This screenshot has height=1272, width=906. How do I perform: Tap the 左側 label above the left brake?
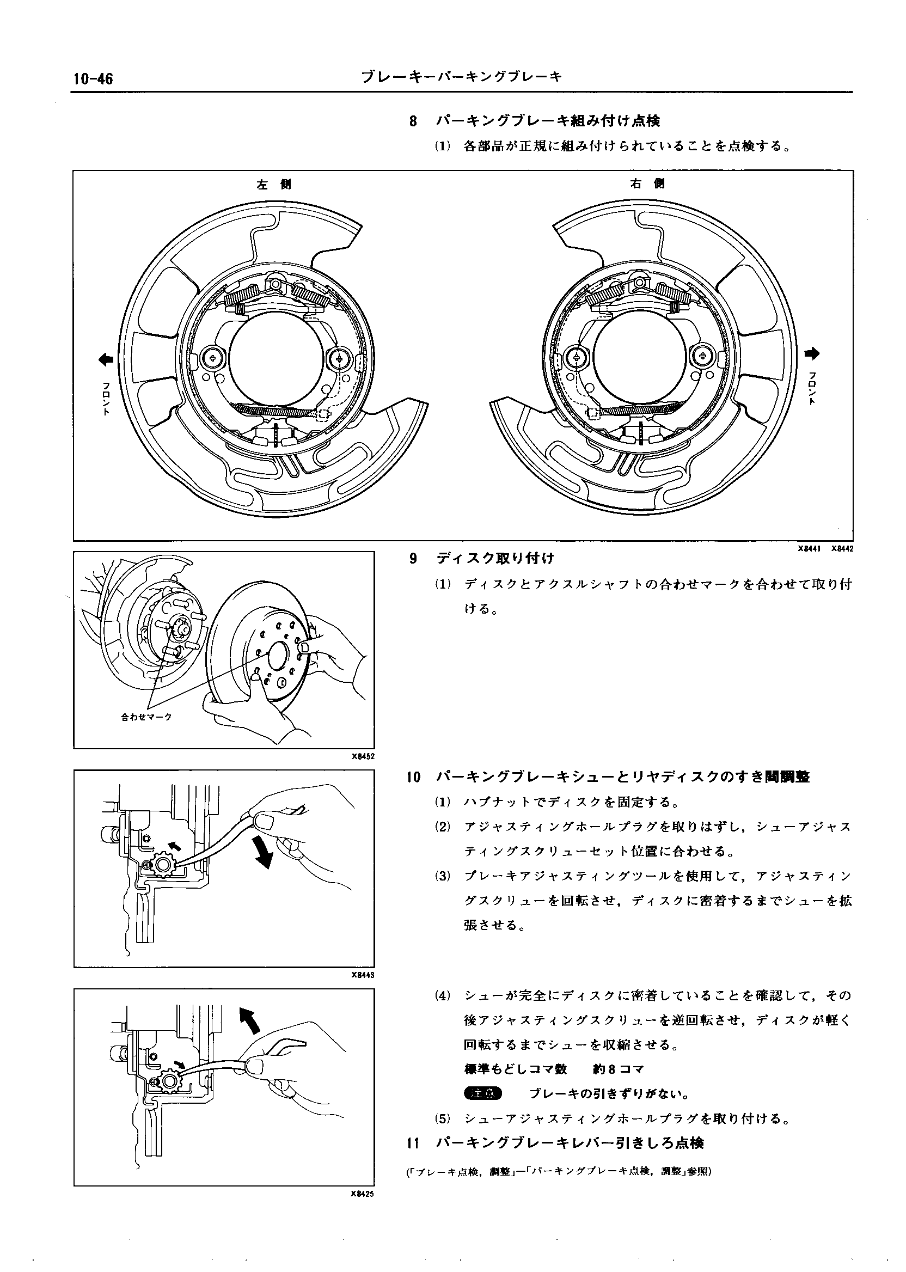pos(273,184)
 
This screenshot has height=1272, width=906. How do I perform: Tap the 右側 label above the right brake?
pos(647,184)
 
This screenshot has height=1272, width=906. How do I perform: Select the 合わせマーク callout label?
pos(146,717)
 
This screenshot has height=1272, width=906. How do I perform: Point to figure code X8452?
pos(363,756)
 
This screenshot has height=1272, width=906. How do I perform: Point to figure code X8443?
pos(363,975)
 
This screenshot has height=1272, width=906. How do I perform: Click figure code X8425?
pos(363,1195)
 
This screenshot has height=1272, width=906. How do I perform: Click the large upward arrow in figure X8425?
pos(249,1020)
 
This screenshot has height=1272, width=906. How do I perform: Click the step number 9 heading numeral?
pos(413,559)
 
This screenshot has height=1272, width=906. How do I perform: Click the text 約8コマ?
pos(618,1069)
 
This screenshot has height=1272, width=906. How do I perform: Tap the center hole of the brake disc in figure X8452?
pos(278,655)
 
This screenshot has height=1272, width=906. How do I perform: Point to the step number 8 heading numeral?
pos(413,121)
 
